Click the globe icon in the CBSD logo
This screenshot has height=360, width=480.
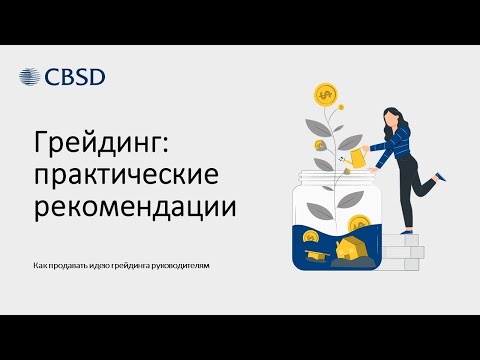(x=31, y=77)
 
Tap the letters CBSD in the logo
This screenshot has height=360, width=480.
(x=74, y=77)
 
